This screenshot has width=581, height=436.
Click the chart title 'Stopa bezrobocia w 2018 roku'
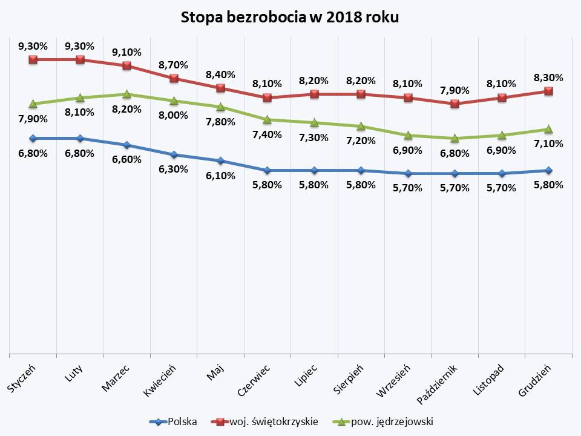click(x=290, y=18)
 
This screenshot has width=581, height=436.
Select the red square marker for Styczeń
click(x=33, y=59)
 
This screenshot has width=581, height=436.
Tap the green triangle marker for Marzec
click(x=127, y=94)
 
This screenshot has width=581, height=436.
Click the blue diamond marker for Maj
click(x=221, y=161)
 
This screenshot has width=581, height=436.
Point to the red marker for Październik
click(x=455, y=104)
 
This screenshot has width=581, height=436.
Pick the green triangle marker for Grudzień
click(x=548, y=129)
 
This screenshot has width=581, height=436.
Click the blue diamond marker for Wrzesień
click(x=409, y=174)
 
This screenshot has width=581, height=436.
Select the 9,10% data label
click(x=127, y=52)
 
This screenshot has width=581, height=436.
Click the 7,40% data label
click(x=268, y=134)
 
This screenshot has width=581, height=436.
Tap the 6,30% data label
click(x=174, y=170)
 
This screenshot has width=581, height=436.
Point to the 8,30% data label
click(x=549, y=78)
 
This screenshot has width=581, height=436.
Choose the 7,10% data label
click(x=549, y=144)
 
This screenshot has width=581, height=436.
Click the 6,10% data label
click(x=221, y=176)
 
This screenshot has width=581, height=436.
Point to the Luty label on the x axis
click(x=74, y=371)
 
